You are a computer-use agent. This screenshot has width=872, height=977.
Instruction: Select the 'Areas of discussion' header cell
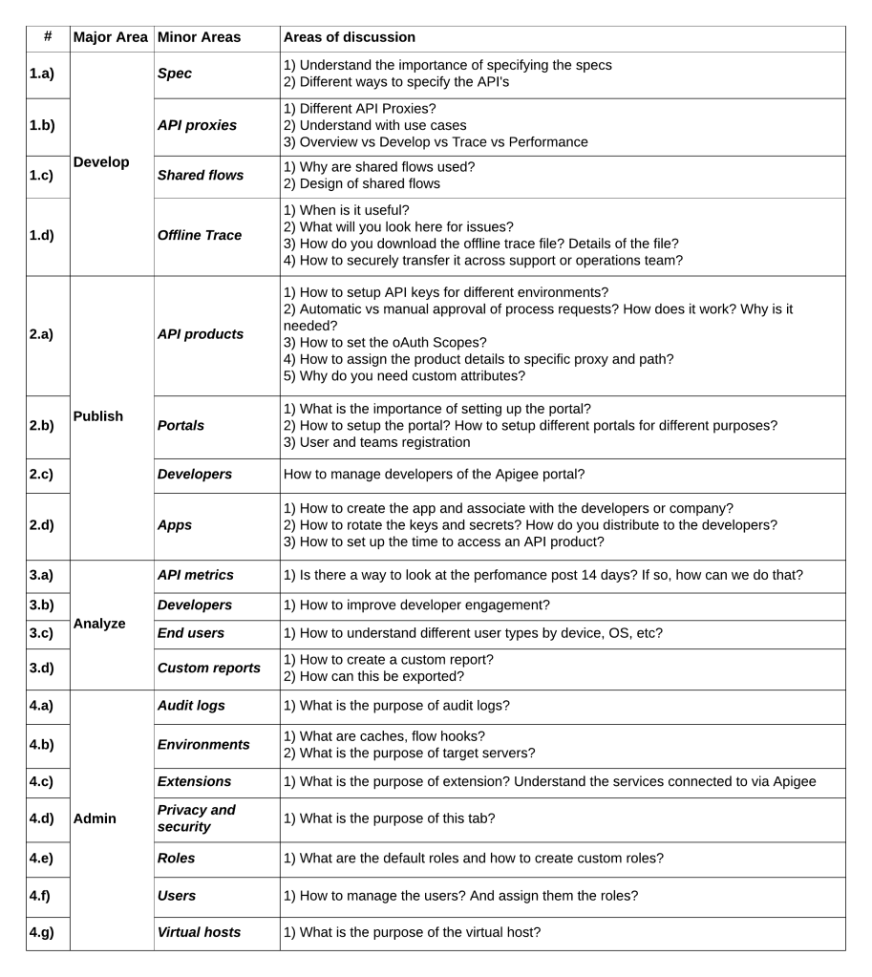[x=349, y=37]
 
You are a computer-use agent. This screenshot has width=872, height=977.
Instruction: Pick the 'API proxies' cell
[x=196, y=125]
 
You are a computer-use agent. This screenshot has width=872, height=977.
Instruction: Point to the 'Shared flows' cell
[x=200, y=176]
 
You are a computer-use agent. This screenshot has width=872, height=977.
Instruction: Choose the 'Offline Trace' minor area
[x=200, y=235]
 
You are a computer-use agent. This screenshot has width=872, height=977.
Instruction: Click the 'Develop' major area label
[x=101, y=162]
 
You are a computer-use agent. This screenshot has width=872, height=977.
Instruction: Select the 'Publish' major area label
[x=99, y=416]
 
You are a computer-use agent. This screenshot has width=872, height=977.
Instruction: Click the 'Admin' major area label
[x=96, y=818]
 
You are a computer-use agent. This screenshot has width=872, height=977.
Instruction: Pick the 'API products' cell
[x=200, y=334]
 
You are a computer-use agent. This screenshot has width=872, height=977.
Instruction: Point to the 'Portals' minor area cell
[x=181, y=425]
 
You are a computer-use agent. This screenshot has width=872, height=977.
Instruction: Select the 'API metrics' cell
[x=195, y=575]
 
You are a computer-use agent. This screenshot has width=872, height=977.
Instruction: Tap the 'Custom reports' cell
[x=208, y=668]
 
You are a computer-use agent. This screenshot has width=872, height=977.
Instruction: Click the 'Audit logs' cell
[x=192, y=706]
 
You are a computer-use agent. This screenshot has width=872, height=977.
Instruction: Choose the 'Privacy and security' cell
[x=196, y=818]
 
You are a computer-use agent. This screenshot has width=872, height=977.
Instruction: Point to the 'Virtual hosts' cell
[x=198, y=932]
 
